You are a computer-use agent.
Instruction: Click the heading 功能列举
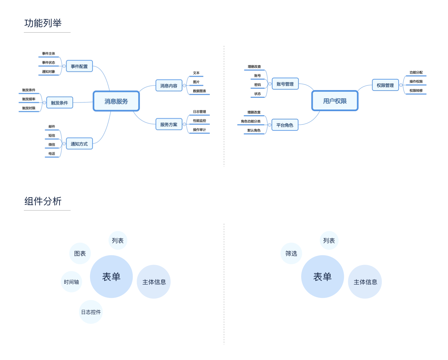43,23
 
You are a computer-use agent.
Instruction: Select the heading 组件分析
43,201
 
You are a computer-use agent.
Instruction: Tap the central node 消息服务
116,101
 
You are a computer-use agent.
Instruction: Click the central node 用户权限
335,101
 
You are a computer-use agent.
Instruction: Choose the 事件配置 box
79,66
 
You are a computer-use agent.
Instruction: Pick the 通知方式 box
79,144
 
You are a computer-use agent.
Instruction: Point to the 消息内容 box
169,86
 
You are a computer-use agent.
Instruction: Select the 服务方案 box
169,124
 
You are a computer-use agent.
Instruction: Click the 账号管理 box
285,84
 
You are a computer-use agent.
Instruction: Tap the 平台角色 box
285,125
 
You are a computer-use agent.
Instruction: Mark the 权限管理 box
385,85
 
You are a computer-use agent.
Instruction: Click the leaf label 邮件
52,127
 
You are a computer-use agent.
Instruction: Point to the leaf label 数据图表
200,91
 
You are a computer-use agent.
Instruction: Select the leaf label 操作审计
200,130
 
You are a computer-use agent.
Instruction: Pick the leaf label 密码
258,85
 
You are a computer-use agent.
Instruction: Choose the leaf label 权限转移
416,91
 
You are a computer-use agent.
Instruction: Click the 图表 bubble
80,253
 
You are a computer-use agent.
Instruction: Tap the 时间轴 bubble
71,282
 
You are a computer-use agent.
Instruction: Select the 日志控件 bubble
91,312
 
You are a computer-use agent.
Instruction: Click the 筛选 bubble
291,253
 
